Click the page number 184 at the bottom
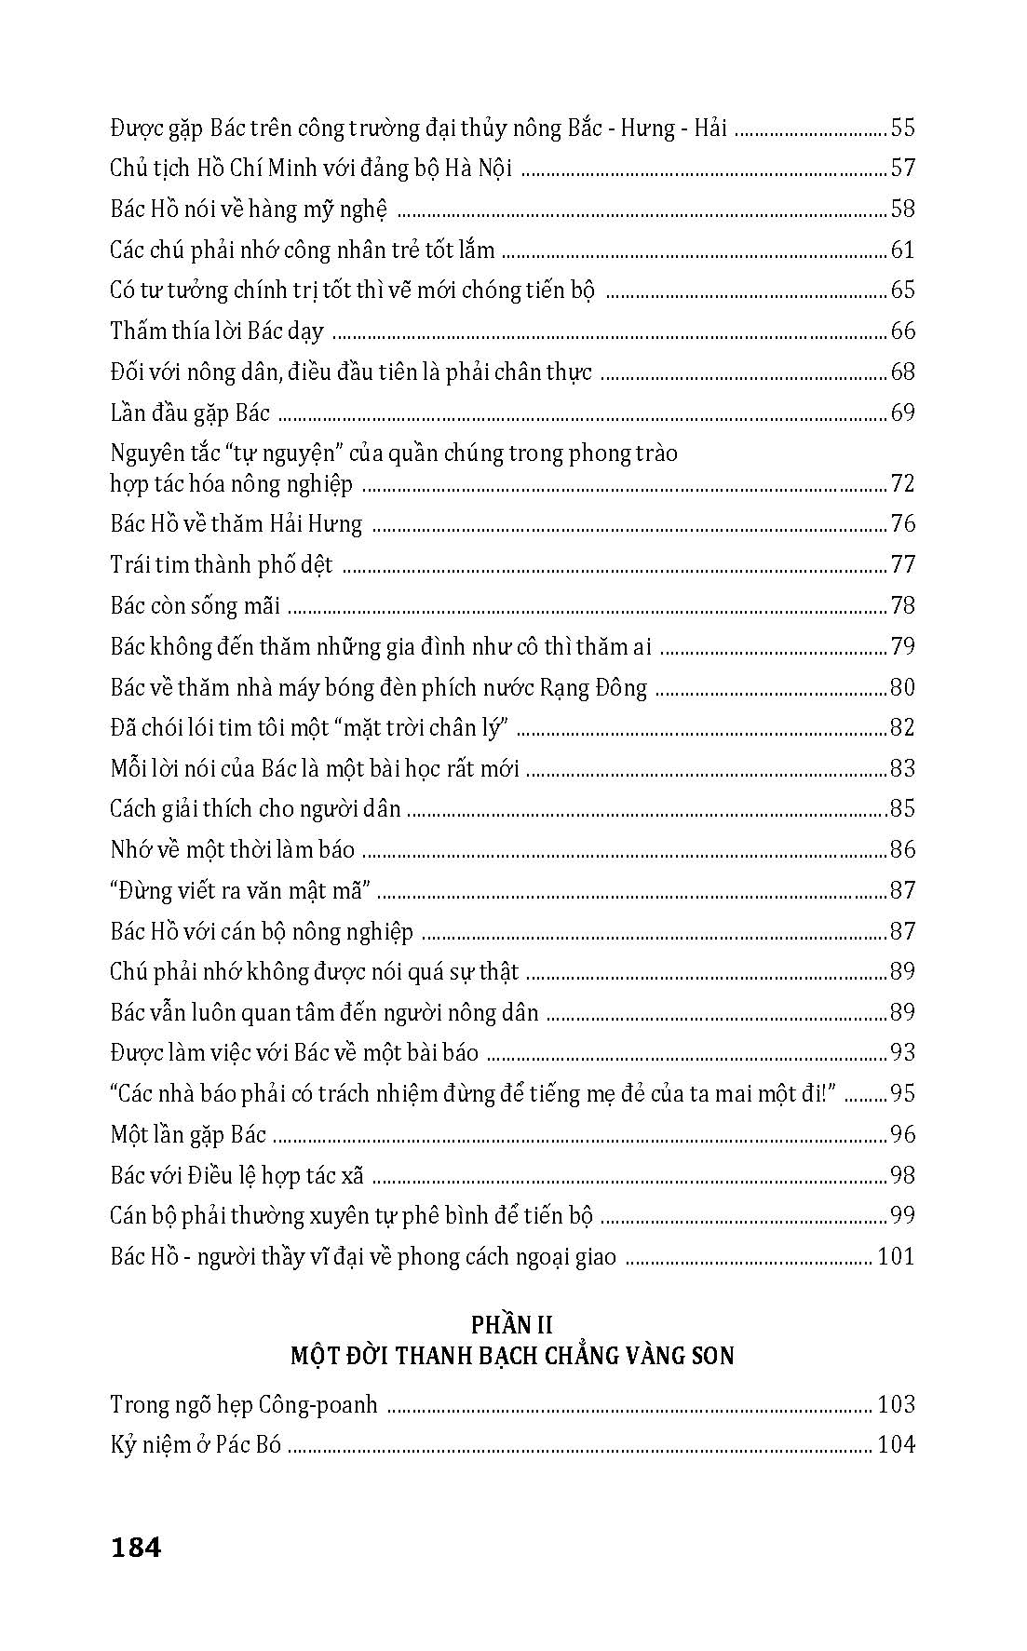[x=136, y=1547]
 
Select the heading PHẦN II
[x=512, y=1323]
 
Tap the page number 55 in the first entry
[x=902, y=128]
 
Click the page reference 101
[x=896, y=1257]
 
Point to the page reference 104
[x=896, y=1444]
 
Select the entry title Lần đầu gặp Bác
[x=189, y=413]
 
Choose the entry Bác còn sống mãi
[x=195, y=606]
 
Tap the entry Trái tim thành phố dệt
[x=221, y=565]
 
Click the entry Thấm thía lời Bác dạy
[x=216, y=332]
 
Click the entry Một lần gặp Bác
[x=188, y=1135]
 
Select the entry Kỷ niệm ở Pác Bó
[x=196, y=1445]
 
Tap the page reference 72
[x=902, y=483]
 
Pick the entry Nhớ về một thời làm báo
[x=232, y=850]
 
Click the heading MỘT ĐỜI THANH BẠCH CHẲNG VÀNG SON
[x=512, y=1356]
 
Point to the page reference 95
[x=902, y=1094]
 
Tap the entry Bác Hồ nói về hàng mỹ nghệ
[x=248, y=210]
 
